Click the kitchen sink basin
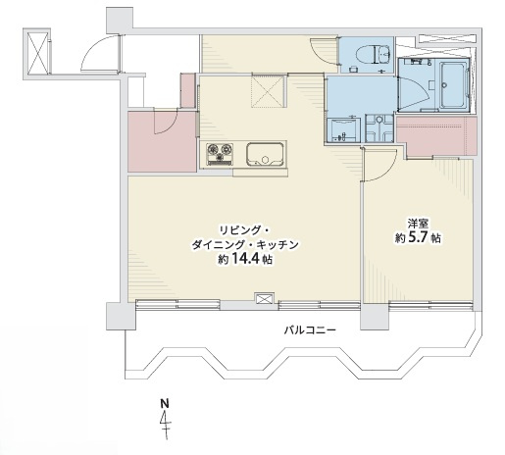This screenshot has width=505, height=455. coord(264,153)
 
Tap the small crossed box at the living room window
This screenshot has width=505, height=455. coord(263,299)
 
